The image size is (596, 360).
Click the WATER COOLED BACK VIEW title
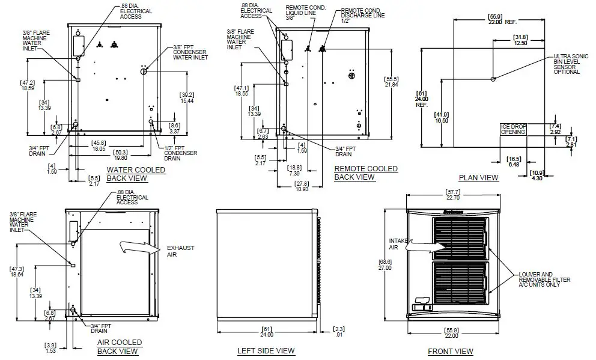[x=135, y=174]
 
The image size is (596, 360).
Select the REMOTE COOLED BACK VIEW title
[x=365, y=172]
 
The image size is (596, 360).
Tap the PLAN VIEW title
[x=478, y=177]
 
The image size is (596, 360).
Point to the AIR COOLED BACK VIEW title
[x=119, y=347]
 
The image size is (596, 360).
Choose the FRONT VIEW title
[x=450, y=351]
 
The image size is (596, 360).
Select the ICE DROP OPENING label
[x=513, y=129]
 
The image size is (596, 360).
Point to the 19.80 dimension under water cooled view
[x=118, y=155]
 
